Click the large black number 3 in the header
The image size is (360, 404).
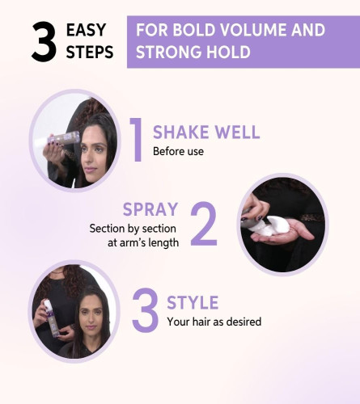44,42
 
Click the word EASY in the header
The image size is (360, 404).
86,30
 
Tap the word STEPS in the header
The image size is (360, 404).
90,52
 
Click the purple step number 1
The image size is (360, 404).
136,140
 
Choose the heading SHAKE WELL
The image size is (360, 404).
206,132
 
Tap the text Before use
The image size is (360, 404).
178,151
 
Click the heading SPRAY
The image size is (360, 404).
150,209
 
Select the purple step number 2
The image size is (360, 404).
204,223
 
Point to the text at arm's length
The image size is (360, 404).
143,242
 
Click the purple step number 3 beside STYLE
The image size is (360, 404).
146,309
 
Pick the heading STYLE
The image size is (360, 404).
193,302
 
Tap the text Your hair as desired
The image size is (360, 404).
214,322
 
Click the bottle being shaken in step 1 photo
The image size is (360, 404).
63,137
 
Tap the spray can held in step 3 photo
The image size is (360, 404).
51,318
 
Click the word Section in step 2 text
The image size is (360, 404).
104,229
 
